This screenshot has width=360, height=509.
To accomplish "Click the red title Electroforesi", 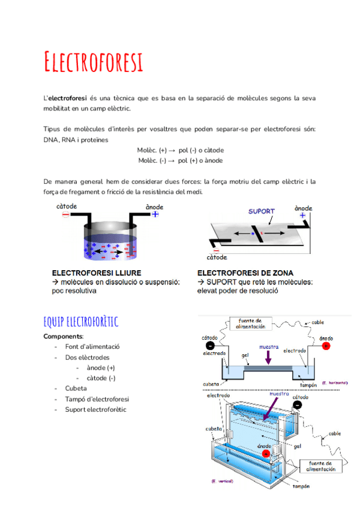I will pyautogui.click(x=94, y=62).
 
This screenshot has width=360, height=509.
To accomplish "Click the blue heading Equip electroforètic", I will pyautogui.click(x=81, y=322).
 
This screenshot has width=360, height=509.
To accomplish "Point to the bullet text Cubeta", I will pyautogui.click(x=76, y=388).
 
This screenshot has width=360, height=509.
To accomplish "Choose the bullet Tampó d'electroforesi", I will pyautogui.click(x=97, y=399).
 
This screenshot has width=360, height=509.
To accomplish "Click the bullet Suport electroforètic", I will pyautogui.click(x=96, y=410).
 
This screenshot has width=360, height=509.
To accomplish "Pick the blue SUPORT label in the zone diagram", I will pyautogui.click(x=262, y=211).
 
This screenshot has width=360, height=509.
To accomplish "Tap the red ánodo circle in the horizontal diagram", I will pyautogui.click(x=326, y=346).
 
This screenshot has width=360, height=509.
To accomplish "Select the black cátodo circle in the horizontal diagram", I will pyautogui.click(x=211, y=346).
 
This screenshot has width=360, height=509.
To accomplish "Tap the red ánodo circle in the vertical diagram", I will pyautogui.click(x=265, y=454).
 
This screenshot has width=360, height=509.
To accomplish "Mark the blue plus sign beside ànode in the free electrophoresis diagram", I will pyautogui.click(x=155, y=214).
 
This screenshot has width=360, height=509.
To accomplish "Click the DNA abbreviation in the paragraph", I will pyautogui.click(x=51, y=140).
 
